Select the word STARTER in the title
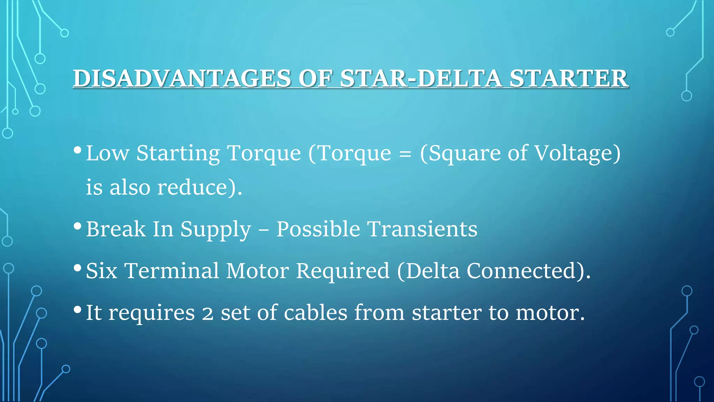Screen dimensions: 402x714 [569, 78]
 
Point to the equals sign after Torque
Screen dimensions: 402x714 [405, 154]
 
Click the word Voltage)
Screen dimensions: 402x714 [578, 154]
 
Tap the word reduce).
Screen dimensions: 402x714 [199, 187]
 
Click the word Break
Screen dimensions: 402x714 [116, 229]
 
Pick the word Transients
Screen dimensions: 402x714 [423, 229]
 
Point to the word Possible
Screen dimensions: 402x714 [318, 229]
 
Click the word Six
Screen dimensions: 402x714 [101, 271]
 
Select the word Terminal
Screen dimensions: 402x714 [172, 271]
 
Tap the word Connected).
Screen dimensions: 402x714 [529, 271]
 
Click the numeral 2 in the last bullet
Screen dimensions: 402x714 [207, 313]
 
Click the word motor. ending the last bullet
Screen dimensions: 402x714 [550, 313]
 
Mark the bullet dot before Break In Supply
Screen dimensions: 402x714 [78, 226]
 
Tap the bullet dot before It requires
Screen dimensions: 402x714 [78, 309]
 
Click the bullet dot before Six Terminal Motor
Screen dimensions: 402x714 [78, 268]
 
